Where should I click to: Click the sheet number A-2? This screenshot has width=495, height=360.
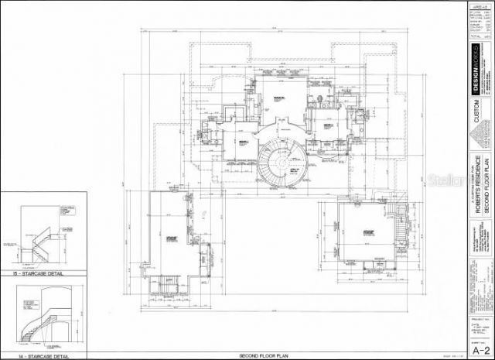[479, 348]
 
